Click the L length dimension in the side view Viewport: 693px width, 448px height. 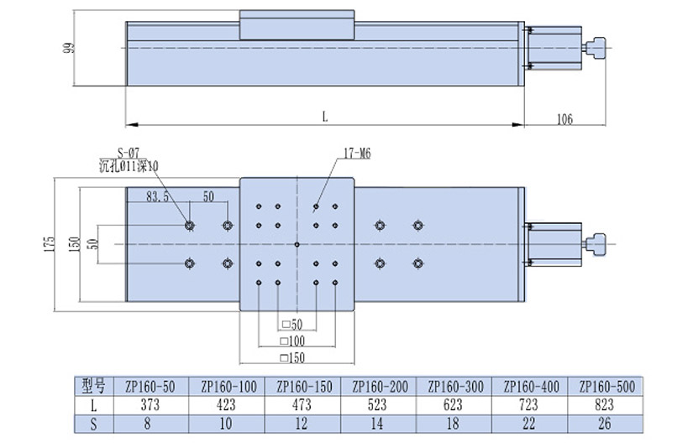pos(324,117)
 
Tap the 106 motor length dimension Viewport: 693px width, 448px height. pos(564,119)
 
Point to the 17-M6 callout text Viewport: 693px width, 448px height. pos(357,154)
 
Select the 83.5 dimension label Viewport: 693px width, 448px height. pos(158,197)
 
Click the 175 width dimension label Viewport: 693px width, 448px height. pos(50,244)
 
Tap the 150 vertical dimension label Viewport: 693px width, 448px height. pos(75,244)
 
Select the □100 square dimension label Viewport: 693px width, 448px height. pos(294,341)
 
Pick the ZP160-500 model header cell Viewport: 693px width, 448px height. pos(606,387)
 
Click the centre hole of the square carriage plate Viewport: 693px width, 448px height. pos(297,244)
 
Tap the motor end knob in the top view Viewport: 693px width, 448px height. pos(598,244)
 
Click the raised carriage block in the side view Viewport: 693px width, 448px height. pos(297,24)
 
